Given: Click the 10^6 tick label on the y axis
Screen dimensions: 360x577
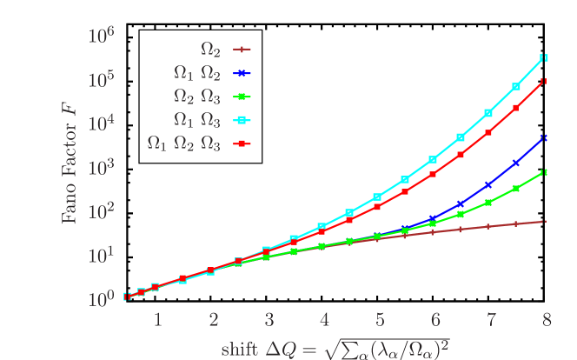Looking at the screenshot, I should point(103,36).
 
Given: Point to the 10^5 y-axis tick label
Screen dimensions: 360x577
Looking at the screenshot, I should point(103,79).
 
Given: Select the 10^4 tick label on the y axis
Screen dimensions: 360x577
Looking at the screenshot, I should point(103,123).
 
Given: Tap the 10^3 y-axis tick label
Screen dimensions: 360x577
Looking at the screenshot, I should point(103,167).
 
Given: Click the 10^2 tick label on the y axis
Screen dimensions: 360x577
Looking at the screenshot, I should point(103,211).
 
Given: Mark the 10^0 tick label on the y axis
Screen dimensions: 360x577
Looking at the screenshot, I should point(103,299).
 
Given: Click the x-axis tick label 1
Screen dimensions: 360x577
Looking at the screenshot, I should point(157,320).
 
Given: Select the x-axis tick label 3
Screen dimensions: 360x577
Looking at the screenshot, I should point(269,320).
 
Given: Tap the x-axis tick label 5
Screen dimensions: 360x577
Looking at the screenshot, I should point(379,320).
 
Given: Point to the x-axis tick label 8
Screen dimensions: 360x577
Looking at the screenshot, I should point(546,320).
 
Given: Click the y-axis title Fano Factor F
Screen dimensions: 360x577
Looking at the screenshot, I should point(69,168).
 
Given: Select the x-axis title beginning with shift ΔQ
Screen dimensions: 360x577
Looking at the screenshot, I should point(335,347).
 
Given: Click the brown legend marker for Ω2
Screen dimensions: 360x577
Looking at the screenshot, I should point(243,50).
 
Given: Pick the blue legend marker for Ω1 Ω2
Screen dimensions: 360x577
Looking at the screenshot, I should point(243,74).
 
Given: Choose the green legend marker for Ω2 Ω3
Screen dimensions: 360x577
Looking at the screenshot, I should point(243,97).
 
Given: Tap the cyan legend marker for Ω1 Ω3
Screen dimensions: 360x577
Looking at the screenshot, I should point(243,120).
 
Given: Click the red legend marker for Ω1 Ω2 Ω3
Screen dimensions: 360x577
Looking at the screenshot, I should point(243,143).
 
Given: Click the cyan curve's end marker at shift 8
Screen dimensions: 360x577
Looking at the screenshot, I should point(544,57).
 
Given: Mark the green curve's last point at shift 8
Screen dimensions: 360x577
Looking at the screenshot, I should point(544,172).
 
